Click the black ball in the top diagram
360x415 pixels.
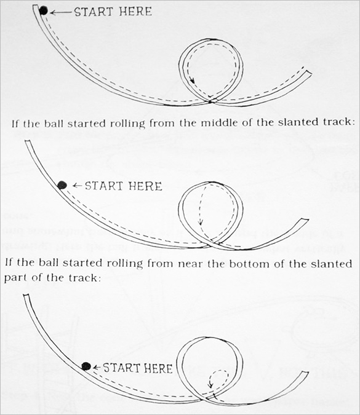click(x=43, y=10)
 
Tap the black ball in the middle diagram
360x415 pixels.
click(x=62, y=184)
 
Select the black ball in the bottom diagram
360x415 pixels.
click(x=86, y=366)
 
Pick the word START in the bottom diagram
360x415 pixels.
click(x=121, y=368)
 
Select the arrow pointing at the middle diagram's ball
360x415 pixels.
click(x=77, y=185)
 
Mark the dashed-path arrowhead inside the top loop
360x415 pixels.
click(x=193, y=81)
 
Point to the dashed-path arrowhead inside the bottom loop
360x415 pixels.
click(x=210, y=386)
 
